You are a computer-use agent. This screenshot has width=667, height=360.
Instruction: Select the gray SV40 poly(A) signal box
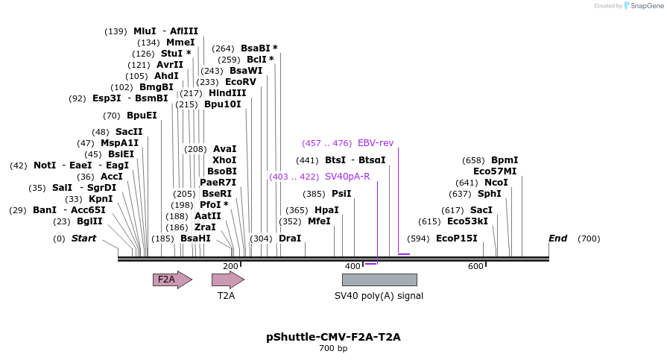point(379,280)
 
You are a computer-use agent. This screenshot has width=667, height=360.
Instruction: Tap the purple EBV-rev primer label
point(376,143)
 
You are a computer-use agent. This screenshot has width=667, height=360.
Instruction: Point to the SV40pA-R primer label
point(347,177)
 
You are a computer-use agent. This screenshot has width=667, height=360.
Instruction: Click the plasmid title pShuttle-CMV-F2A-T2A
point(333,337)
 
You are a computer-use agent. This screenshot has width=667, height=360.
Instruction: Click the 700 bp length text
point(333,348)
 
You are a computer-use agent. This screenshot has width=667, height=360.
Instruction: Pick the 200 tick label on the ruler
point(230,266)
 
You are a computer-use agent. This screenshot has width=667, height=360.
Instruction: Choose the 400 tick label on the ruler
point(353,266)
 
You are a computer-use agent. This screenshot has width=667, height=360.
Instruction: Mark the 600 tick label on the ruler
point(475,266)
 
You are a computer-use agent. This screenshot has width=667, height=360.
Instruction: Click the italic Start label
point(83,239)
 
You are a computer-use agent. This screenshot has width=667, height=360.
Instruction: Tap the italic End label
point(557,239)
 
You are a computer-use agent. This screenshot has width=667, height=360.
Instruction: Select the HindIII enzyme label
point(227,93)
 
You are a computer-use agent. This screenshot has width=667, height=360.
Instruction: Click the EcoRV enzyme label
point(241,82)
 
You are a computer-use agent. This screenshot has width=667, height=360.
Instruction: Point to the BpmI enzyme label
point(505,160)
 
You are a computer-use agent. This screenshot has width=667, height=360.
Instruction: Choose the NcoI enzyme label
point(496,183)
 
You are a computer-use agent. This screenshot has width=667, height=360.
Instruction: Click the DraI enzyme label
point(290,239)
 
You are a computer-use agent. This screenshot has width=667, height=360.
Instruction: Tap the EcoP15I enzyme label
point(457,239)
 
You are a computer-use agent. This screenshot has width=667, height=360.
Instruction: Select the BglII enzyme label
point(89,221)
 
